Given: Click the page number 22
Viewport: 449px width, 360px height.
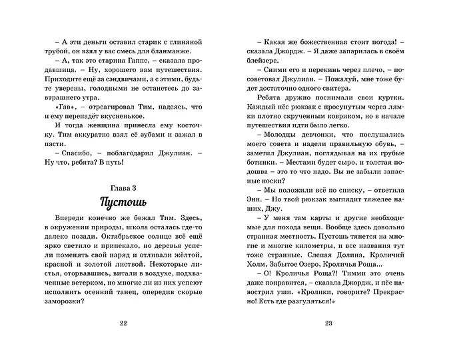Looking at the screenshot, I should (122, 324).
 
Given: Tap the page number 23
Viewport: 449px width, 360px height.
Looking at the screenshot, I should (327, 324).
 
